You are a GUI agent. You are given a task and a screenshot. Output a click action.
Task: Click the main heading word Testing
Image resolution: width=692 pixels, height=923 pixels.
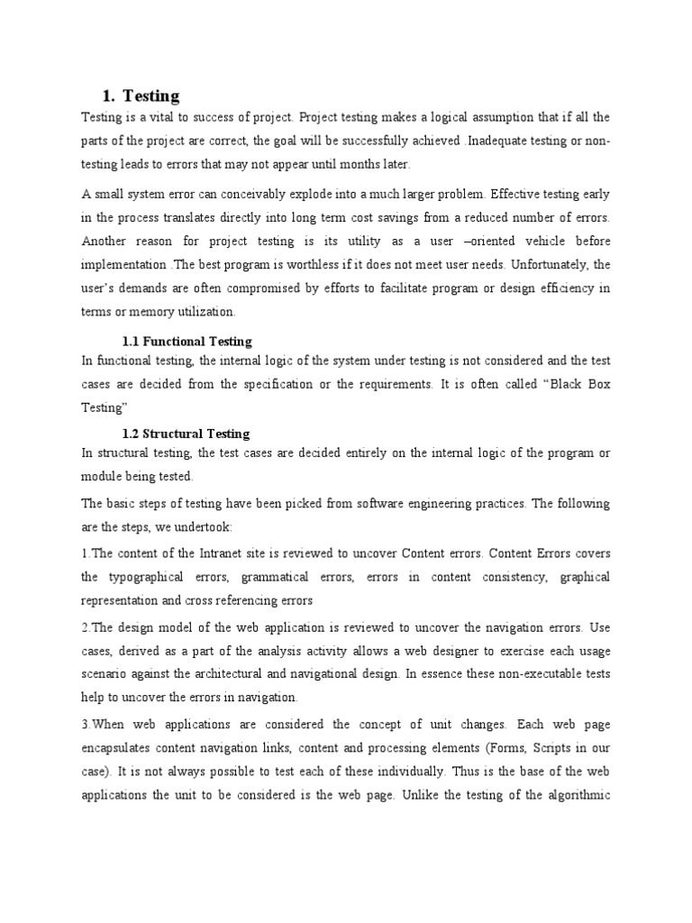[150, 96]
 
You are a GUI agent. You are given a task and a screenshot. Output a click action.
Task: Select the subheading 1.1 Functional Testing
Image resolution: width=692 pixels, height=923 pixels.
[187, 342]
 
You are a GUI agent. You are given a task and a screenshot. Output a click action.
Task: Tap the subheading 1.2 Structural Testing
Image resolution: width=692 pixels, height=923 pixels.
[186, 434]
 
